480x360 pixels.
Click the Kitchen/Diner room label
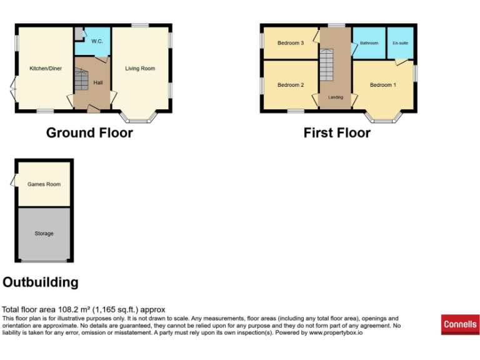44,68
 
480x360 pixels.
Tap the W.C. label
97,42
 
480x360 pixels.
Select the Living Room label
140,68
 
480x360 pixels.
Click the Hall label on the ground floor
98,82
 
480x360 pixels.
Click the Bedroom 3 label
291,43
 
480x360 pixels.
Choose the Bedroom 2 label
291,85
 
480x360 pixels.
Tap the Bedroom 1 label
382,85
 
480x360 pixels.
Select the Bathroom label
369,43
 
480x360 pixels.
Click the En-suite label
399,43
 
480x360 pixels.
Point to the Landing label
336,97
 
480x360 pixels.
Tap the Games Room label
44,184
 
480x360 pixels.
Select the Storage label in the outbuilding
44,233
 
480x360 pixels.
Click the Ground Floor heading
89,132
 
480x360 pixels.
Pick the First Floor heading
337,132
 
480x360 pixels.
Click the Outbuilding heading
41,282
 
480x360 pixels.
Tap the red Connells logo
460,324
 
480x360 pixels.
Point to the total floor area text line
84,309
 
